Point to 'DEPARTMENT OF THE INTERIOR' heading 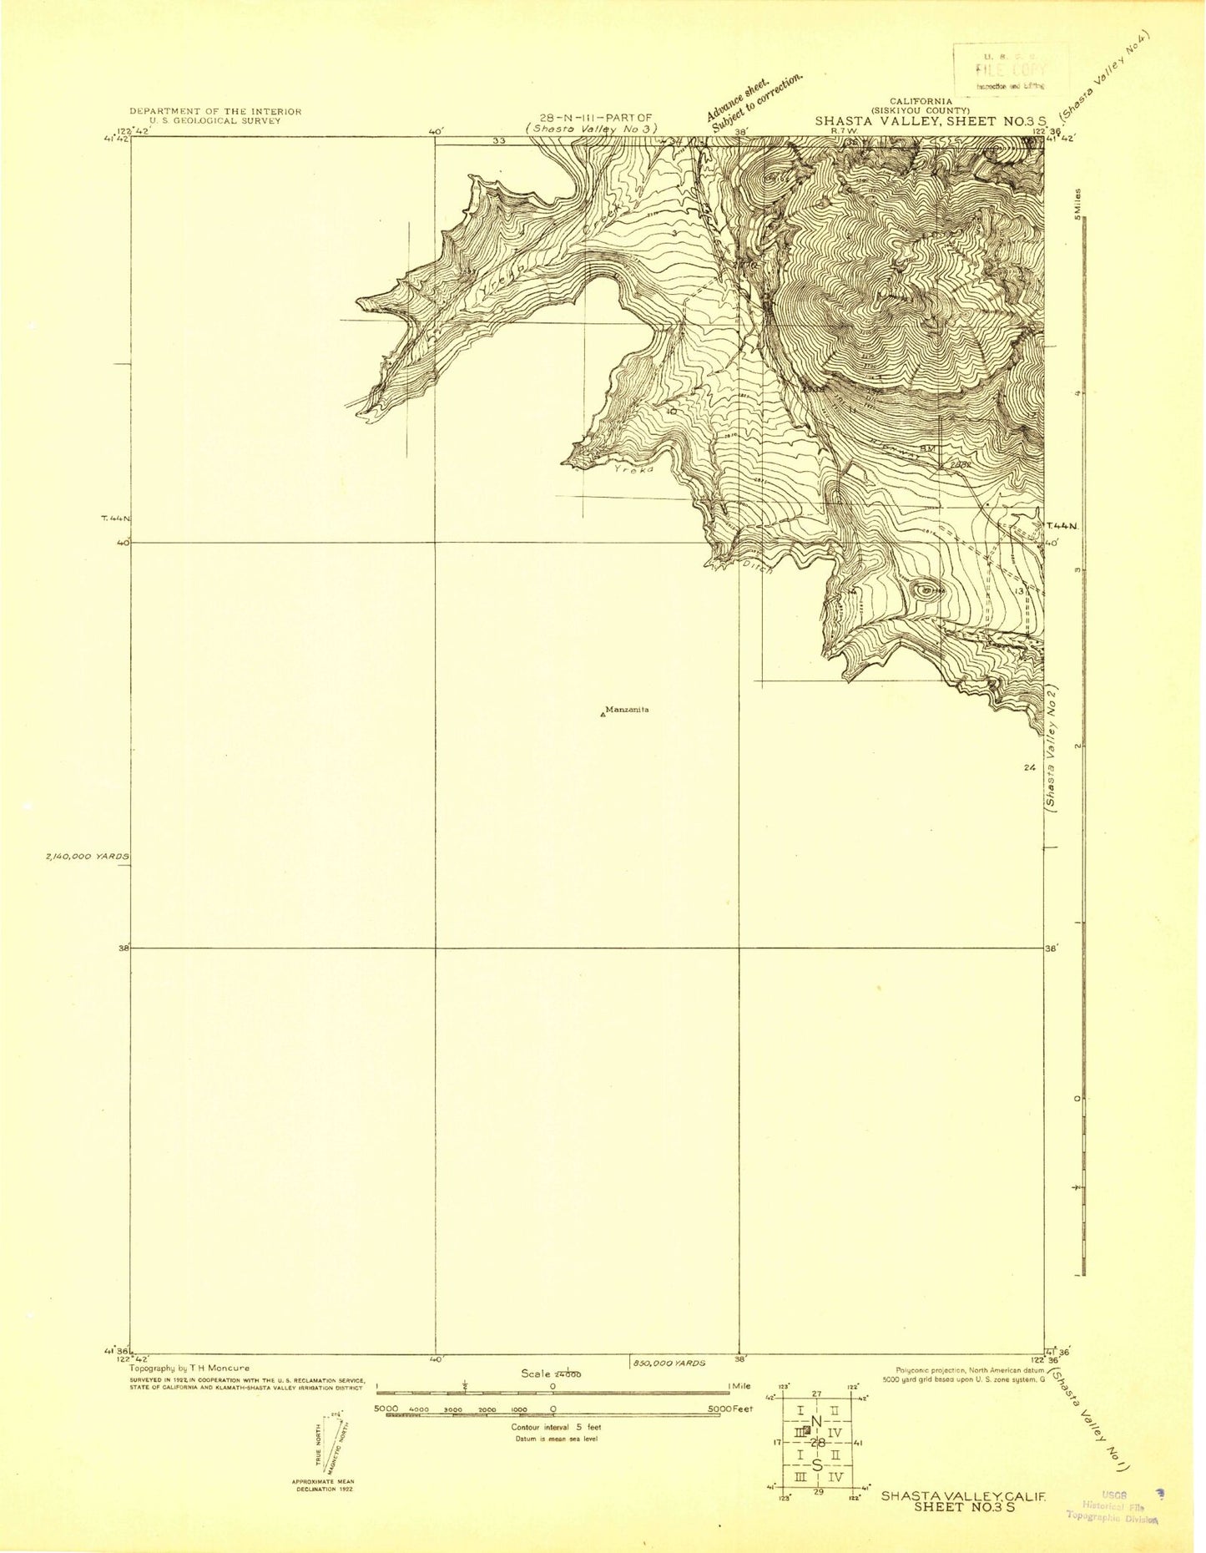(215, 111)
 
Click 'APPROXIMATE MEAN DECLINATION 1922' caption (322, 1485)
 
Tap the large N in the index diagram (816, 1422)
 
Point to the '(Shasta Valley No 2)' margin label (1052, 749)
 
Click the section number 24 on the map (1028, 767)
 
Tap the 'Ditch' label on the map (758, 566)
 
